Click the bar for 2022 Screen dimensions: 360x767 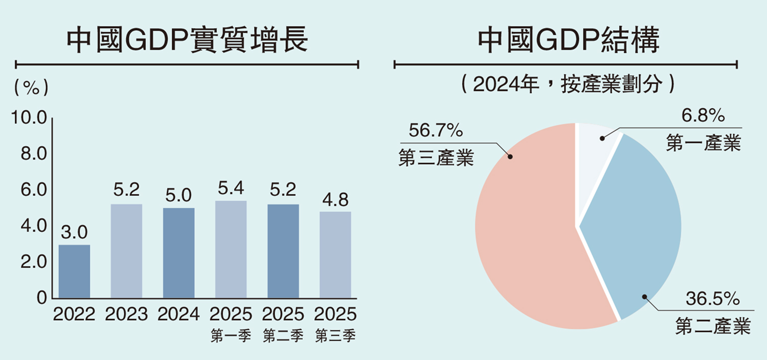click(x=74, y=272)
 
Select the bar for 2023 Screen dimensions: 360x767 click(x=126, y=251)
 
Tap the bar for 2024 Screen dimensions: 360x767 click(x=178, y=253)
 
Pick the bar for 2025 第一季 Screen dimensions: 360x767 click(x=231, y=250)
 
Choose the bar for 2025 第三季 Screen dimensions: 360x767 click(x=335, y=255)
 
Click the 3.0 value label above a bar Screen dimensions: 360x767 click(x=75, y=233)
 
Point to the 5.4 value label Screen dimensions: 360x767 click(x=231, y=189)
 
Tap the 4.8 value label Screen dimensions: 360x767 click(x=335, y=200)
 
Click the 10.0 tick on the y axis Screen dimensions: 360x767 click(x=30, y=119)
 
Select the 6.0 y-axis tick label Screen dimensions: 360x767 click(x=34, y=190)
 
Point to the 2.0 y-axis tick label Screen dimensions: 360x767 click(x=34, y=262)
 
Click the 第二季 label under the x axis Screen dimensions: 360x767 click(x=283, y=336)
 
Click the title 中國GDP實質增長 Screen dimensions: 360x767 click(x=187, y=40)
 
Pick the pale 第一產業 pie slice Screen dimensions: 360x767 click(x=593, y=153)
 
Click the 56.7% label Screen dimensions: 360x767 click(x=436, y=131)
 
